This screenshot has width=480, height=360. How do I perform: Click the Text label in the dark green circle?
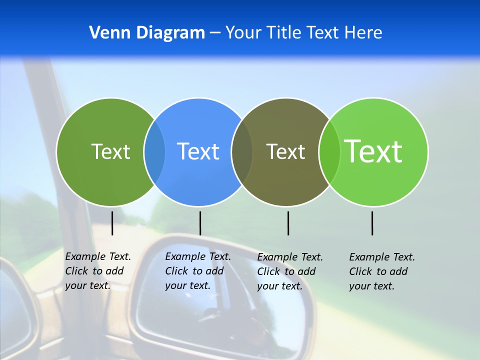(110, 151)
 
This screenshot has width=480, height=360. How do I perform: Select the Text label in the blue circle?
(198, 151)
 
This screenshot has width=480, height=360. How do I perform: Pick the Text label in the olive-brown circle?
(285, 151)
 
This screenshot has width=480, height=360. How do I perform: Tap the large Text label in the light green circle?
(373, 151)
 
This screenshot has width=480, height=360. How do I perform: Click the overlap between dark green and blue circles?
(154, 151)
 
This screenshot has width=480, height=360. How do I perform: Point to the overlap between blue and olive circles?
(242, 151)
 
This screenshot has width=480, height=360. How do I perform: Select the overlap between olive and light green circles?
(329, 151)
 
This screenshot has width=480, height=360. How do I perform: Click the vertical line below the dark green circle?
(112, 223)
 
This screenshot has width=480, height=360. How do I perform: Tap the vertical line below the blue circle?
(200, 223)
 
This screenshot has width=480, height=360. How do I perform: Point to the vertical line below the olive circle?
(288, 223)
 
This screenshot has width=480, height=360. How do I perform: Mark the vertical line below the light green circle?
(372, 223)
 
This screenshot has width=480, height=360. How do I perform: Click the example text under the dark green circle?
(98, 271)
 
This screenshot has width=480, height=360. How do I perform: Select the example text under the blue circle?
(198, 271)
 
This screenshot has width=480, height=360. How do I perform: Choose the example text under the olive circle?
(290, 271)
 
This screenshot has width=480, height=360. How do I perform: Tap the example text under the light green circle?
(382, 271)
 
